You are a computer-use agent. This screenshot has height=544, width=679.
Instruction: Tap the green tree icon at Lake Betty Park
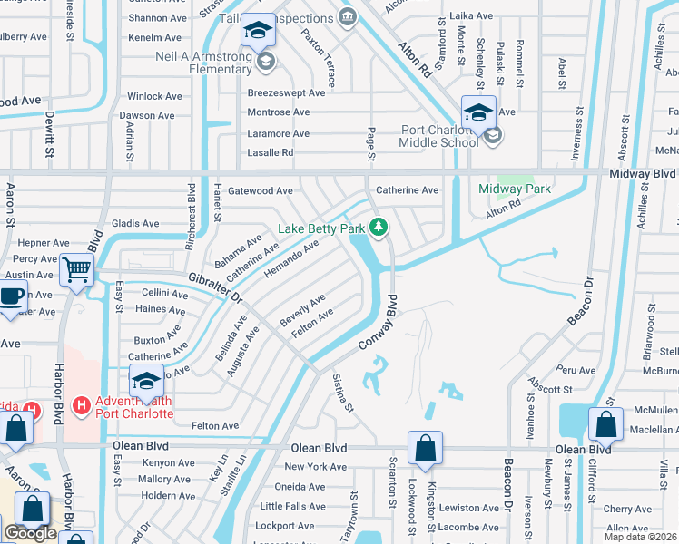(x=380, y=228)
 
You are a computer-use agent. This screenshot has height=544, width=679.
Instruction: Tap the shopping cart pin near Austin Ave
(x=77, y=269)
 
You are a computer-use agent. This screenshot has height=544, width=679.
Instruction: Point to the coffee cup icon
(x=11, y=296)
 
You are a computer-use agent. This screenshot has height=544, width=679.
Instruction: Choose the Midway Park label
(x=515, y=189)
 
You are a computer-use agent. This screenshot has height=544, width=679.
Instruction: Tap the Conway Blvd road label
(x=379, y=325)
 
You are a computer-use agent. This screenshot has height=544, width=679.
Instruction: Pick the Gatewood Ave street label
(x=260, y=191)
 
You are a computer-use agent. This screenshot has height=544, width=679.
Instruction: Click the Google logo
(x=30, y=533)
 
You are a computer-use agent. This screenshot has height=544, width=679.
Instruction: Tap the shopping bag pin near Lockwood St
(x=425, y=447)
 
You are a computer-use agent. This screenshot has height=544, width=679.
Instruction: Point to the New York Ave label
(x=315, y=467)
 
